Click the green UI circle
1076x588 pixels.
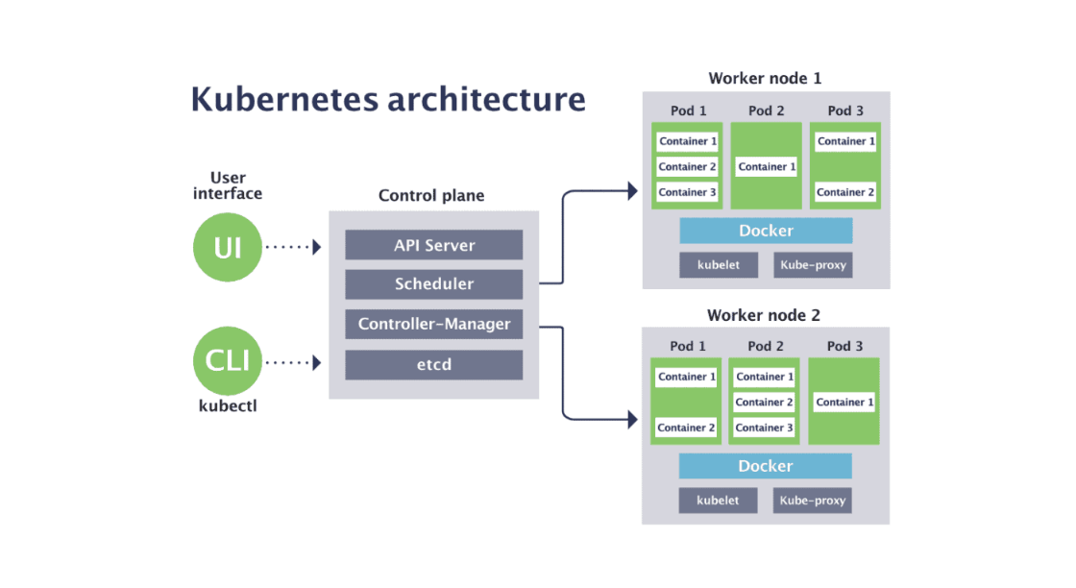pos(228,247)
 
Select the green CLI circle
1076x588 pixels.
pos(228,361)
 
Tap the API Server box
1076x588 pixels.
pos(434,245)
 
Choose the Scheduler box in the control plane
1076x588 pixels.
pos(434,284)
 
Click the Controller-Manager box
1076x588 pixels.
pos(434,324)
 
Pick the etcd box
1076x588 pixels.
pos(434,364)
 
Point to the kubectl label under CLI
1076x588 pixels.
pos(228,405)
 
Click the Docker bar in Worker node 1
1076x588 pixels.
pos(766,231)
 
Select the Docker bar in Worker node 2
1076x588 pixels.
pos(765,466)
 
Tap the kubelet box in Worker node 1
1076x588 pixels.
pos(719,265)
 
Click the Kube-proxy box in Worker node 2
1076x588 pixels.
pos(813,501)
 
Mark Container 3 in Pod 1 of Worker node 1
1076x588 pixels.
pos(688,192)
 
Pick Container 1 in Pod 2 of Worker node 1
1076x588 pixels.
pos(767,167)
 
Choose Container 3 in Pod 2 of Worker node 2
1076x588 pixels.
pos(765,428)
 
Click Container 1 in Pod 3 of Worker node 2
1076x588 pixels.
pos(844,402)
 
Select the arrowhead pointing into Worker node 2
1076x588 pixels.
pos(632,420)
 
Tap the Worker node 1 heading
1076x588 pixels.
pos(765,79)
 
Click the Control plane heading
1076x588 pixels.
pos(431,196)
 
